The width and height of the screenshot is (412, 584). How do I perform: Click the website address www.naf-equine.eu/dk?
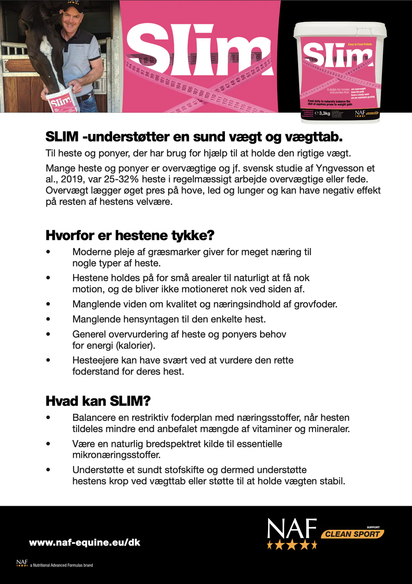point(85,542)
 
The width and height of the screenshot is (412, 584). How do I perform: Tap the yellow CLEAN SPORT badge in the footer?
point(352,534)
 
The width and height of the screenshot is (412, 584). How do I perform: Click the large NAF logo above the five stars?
point(292,528)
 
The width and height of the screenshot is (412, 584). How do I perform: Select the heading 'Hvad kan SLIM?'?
point(98,401)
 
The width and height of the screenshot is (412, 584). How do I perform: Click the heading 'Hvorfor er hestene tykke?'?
point(130,235)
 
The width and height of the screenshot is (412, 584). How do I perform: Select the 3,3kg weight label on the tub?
point(324,113)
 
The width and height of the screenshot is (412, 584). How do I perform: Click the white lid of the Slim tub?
point(340,29)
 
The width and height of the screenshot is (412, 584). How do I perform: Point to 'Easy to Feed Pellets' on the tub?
point(360,44)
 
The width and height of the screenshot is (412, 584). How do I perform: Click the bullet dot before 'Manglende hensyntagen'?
point(48,319)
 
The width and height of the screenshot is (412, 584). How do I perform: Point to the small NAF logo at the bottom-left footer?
point(22,563)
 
